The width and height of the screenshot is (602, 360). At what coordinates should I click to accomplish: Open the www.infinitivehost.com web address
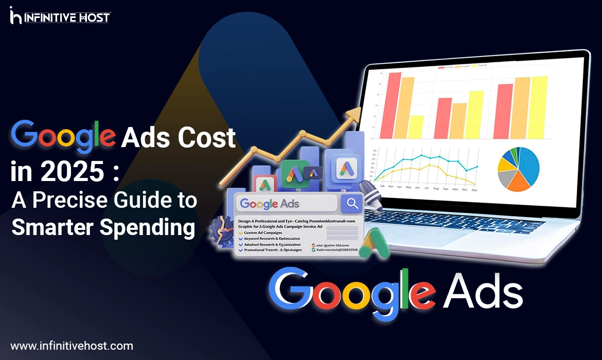point(72,346)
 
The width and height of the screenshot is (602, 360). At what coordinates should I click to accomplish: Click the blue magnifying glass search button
point(352,204)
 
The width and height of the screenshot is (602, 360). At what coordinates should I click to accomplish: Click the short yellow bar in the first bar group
point(416,127)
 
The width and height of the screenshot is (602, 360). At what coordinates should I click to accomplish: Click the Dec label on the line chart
point(474,190)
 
